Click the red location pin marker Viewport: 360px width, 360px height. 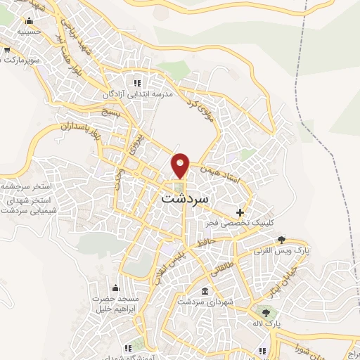click(x=181, y=165)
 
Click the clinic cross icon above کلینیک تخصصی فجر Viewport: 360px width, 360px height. click(x=240, y=212)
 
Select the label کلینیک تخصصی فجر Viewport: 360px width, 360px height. click(x=239, y=222)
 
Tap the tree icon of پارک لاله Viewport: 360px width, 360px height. click(x=265, y=313)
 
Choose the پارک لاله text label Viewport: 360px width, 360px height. click(x=265, y=323)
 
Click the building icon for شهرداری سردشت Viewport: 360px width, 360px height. click(x=204, y=292)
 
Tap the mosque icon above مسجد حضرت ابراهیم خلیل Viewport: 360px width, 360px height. click(x=115, y=287)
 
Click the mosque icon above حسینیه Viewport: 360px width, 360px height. click(x=28, y=21)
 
